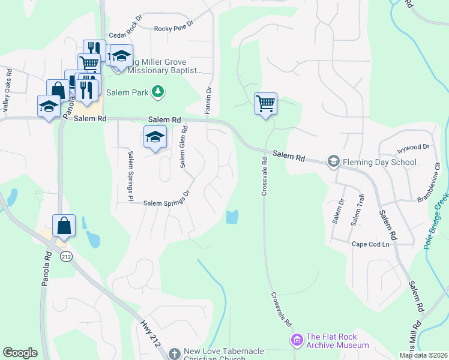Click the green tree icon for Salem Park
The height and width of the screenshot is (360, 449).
point(158,92)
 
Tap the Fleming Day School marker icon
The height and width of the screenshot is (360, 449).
point(333,161)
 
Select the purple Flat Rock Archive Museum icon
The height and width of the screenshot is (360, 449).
point(296,341)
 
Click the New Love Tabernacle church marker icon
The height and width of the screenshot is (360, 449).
point(174,353)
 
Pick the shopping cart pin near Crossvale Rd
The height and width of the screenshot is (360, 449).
point(265,104)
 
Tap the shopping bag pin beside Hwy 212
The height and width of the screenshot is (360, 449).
point(64,226)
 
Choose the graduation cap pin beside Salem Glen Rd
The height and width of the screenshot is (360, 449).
point(155,137)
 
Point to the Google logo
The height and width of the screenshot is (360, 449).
point(20,353)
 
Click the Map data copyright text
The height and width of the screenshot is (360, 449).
point(423,355)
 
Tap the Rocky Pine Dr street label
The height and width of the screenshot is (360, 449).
point(174,28)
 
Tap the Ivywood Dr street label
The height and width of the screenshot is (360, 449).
point(413,146)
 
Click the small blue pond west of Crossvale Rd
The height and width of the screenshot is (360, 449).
point(232,217)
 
